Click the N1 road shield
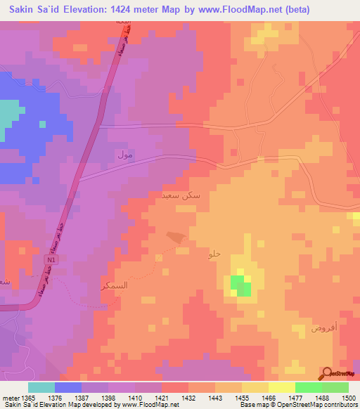click(51, 259)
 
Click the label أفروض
click(309, 327)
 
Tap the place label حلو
click(214, 254)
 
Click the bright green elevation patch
click(241, 287)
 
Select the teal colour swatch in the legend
click(41, 387)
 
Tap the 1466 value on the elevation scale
click(268, 398)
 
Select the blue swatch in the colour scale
click(68, 387)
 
